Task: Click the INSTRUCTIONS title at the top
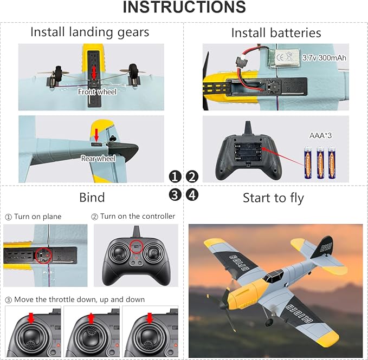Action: pyautogui.click(x=184, y=8)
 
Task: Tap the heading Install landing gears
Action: pyautogui.click(x=89, y=32)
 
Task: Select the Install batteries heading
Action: pyautogui.click(x=276, y=32)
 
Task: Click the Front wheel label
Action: pyautogui.click(x=98, y=92)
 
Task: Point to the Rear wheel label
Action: pyautogui.click(x=98, y=159)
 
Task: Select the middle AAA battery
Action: pyautogui.click(x=320, y=162)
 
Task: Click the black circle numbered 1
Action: pyautogui.click(x=175, y=176)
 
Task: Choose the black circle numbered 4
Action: pyautogui.click(x=192, y=194)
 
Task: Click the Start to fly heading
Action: pyautogui.click(x=273, y=198)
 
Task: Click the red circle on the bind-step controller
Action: pyautogui.click(x=137, y=247)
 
